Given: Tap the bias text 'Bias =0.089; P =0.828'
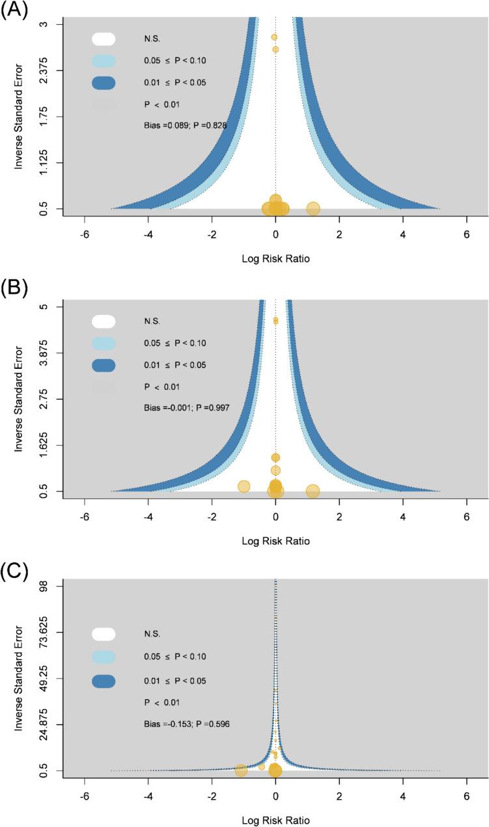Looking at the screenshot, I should [x=185, y=125].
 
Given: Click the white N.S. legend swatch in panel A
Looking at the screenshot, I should [x=104, y=39].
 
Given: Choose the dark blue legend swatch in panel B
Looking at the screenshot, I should [x=104, y=365].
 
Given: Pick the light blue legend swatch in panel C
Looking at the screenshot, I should [x=104, y=657].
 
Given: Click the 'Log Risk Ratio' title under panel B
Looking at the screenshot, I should [x=275, y=541].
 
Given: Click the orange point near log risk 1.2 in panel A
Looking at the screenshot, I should [x=313, y=209].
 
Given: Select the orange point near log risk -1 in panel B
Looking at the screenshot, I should [x=244, y=486].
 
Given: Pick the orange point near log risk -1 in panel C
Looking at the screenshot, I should [x=241, y=770].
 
